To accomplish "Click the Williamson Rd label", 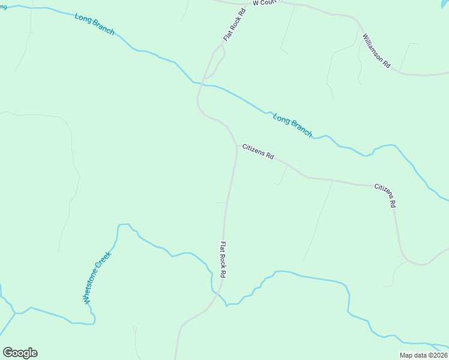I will (x=376, y=50).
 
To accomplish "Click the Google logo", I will (x=20, y=353).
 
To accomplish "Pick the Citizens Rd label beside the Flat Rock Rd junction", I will (x=258, y=151).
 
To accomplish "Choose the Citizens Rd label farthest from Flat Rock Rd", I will (x=386, y=196).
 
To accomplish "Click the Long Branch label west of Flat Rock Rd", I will (x=94, y=24).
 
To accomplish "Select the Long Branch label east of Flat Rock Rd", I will (x=293, y=125).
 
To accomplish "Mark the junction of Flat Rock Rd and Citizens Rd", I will (x=236, y=146).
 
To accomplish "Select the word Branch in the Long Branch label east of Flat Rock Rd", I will (x=301, y=129).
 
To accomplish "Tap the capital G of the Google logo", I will (x=8, y=353).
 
